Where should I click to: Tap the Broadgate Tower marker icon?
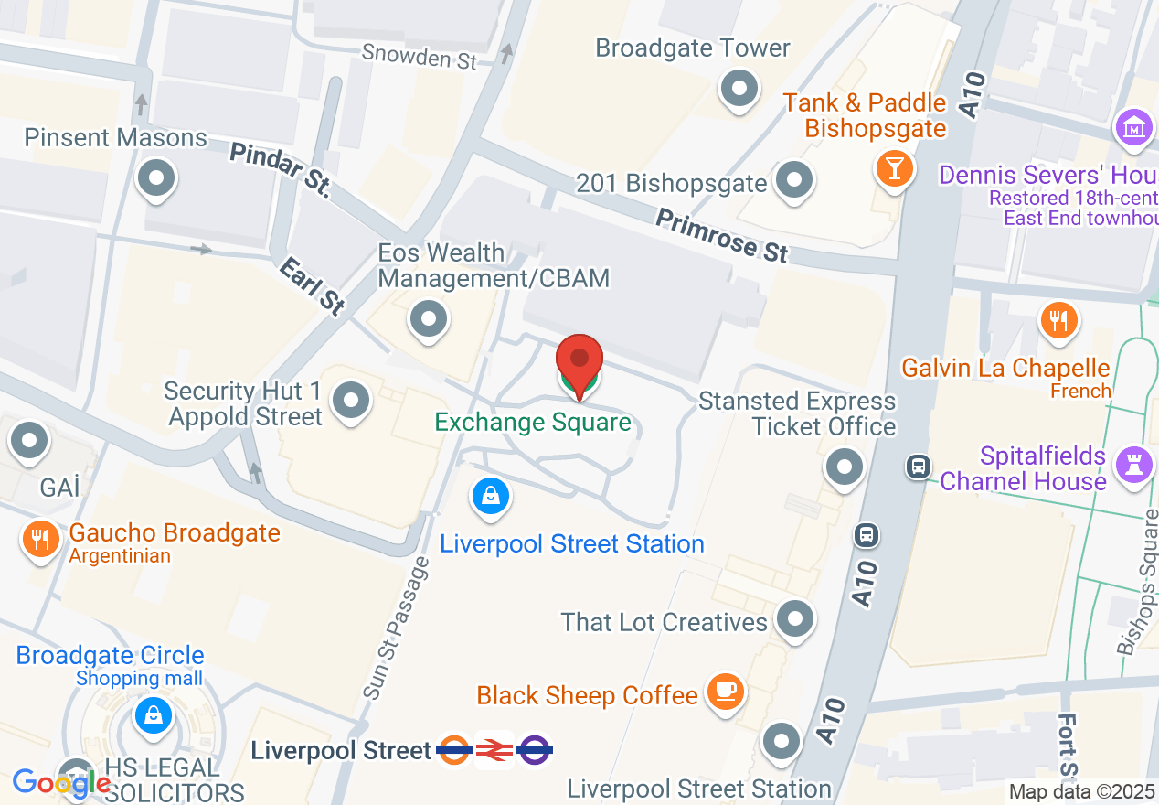[739, 90]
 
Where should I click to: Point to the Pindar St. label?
[279, 167]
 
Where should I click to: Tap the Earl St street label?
[313, 285]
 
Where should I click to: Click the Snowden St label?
[420, 56]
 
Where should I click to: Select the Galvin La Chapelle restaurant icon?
[1058, 320]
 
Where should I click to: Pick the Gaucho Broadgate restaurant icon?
[39, 538]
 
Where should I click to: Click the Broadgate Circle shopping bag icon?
[153, 714]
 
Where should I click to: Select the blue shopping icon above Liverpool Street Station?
[491, 497]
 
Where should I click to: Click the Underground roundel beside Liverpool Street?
[454, 751]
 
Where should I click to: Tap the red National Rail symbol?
[494, 751]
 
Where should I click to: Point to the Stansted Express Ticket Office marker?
[844, 467]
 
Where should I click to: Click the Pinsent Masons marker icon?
[155, 178]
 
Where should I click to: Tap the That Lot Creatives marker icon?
[794, 619]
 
